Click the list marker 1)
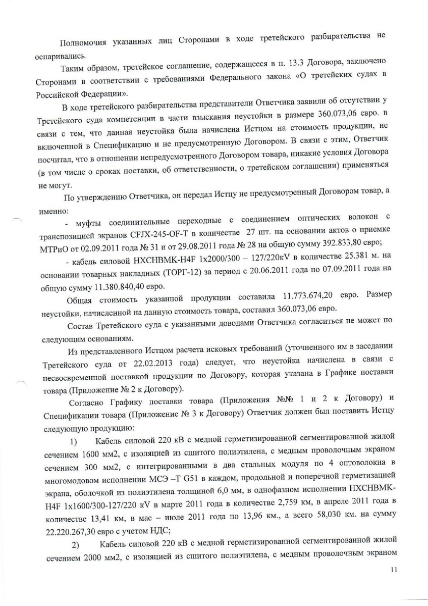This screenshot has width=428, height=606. (x=73, y=443)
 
